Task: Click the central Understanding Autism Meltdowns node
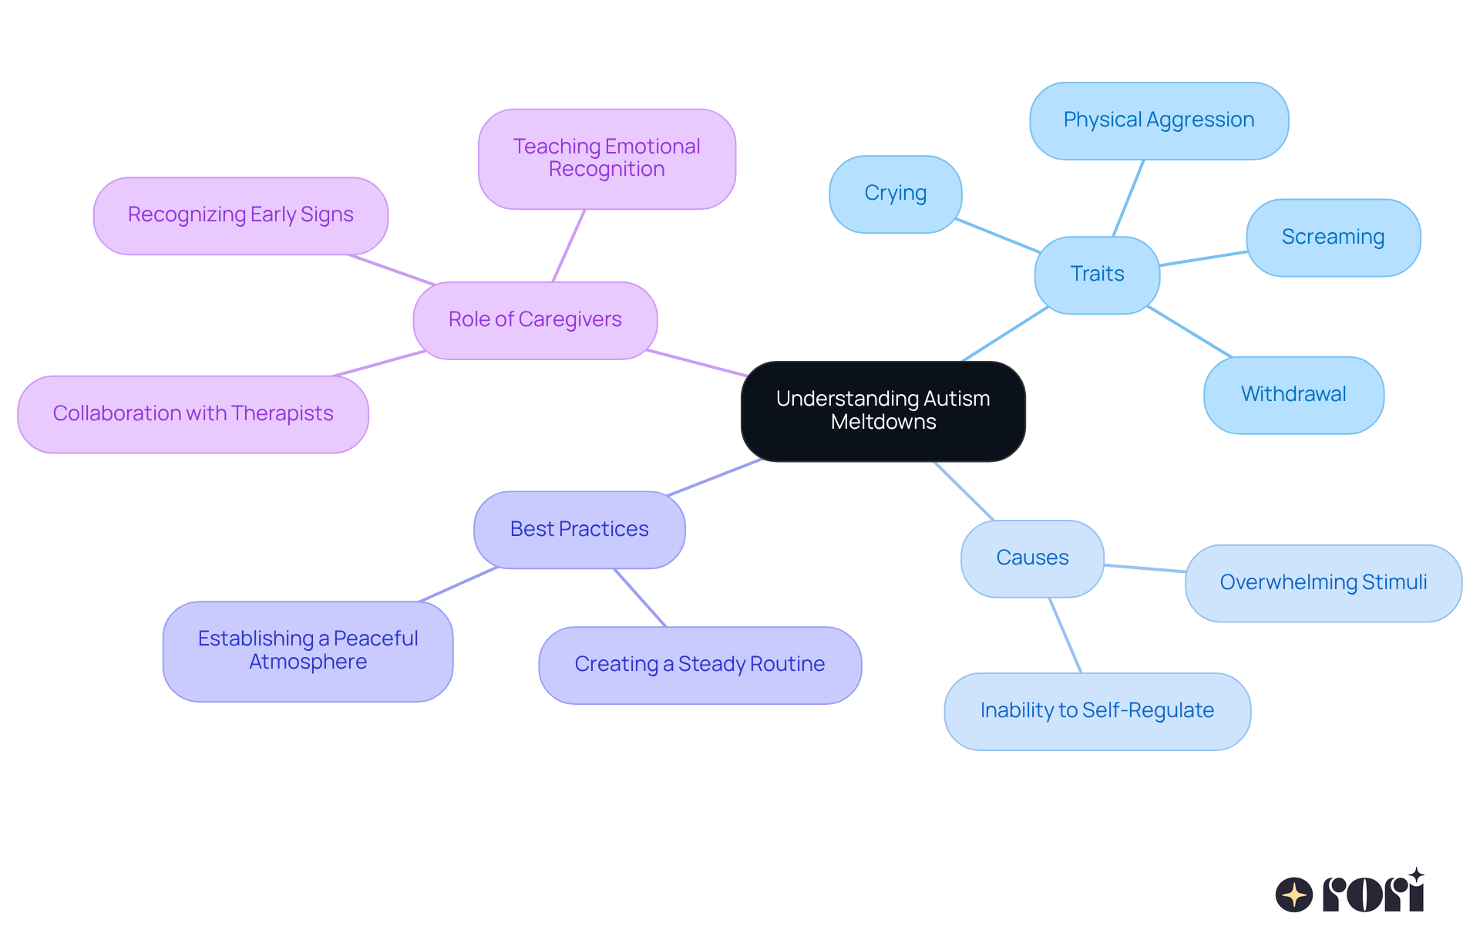click(883, 410)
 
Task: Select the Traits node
click(1096, 274)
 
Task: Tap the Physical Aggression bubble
click(1158, 120)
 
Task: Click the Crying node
click(895, 194)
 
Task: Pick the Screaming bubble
click(1332, 237)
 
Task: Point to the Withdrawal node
click(1293, 394)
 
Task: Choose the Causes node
click(1031, 558)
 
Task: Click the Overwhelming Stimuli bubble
click(1322, 582)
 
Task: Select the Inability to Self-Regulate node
click(1096, 710)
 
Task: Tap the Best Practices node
click(579, 529)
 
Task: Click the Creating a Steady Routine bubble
click(699, 664)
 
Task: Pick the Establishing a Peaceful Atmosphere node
click(308, 650)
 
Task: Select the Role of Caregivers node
click(534, 319)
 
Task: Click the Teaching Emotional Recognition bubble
click(607, 158)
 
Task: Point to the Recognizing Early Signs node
click(240, 214)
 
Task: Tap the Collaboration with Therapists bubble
click(193, 413)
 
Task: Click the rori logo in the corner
click(1349, 893)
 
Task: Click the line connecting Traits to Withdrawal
click(1189, 332)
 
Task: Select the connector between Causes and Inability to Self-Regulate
click(1065, 635)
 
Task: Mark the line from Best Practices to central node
click(715, 477)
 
